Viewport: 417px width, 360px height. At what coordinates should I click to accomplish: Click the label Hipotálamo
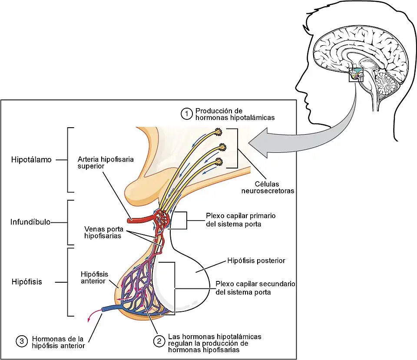pos(31,159)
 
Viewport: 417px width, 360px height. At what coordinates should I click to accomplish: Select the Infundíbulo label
pos(30,222)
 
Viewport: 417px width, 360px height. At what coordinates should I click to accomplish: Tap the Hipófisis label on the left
pos(26,281)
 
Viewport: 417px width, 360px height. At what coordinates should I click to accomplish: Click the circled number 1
pos(186,114)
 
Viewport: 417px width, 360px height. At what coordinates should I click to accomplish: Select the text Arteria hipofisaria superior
pos(106,162)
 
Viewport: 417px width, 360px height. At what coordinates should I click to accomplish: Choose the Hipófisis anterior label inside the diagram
pos(94,277)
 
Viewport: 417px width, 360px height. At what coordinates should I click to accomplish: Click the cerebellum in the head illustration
pos(384,82)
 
